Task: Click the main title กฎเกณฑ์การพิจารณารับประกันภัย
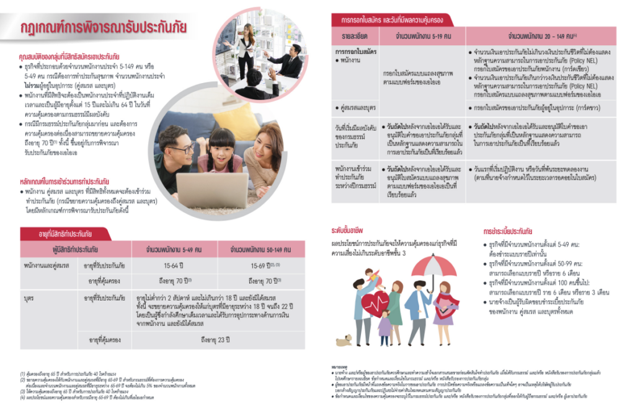click(102, 28)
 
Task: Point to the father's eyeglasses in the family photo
click(182, 149)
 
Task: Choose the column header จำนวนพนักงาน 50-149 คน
click(260, 250)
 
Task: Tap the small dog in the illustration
click(344, 340)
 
